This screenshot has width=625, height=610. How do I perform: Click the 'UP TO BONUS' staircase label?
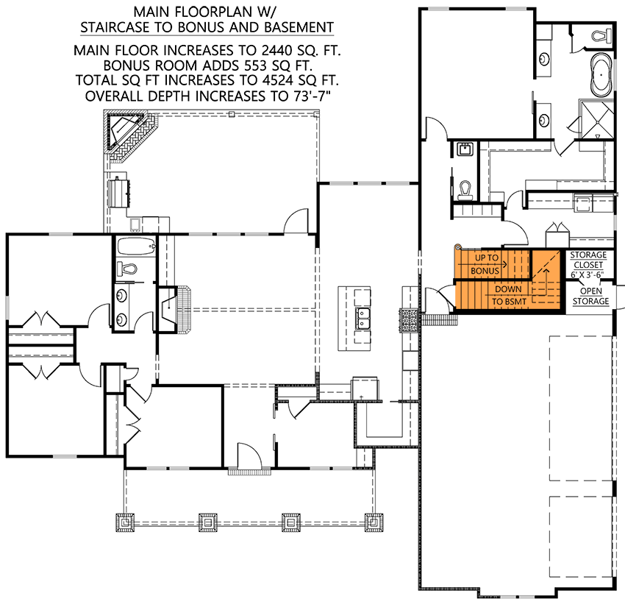(x=485, y=263)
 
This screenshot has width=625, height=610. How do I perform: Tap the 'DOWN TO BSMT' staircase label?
(x=508, y=295)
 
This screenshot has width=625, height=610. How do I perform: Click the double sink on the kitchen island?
(x=362, y=318)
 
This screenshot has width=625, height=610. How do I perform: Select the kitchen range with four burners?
(x=409, y=319)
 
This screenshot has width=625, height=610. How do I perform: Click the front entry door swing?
(x=248, y=455)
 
